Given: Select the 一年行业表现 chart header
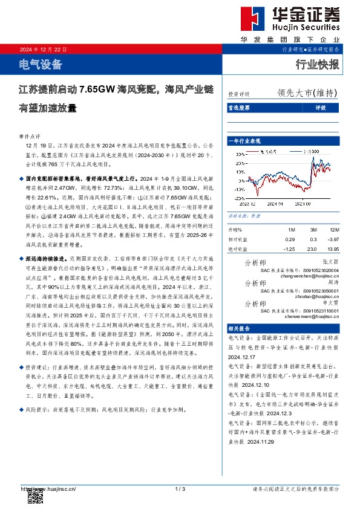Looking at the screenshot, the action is (247, 140).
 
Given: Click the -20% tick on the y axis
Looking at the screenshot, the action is (240, 196).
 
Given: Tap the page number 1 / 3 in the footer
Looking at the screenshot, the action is (180, 488).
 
